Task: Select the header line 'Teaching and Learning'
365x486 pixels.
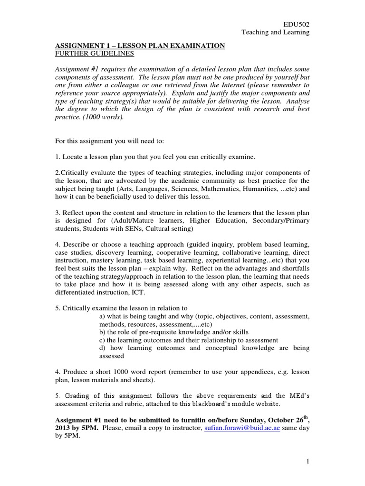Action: tap(276, 32)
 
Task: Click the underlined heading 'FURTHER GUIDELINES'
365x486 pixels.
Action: tap(89, 55)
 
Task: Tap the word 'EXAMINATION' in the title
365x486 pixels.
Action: tap(196, 46)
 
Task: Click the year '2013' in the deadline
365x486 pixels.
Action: tap(63, 429)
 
